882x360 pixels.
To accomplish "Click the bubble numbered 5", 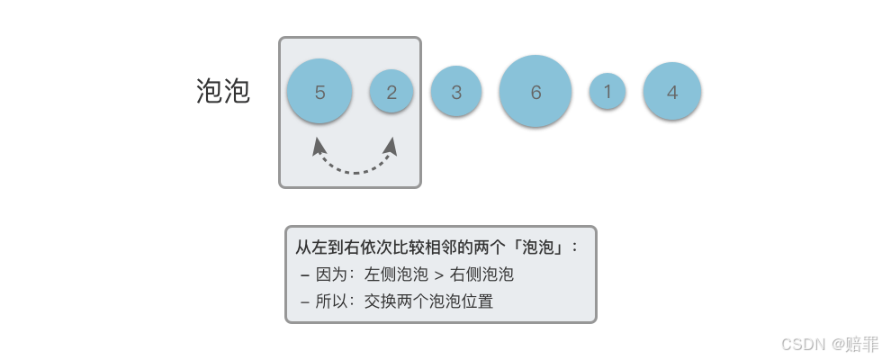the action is pos(319,91).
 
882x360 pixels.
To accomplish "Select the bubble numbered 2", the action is pos(391,91).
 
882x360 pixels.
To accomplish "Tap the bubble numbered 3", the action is pos(456,92).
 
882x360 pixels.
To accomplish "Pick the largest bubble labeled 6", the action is pos(535,91).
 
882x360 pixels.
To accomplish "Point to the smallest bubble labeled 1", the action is pos(607,91).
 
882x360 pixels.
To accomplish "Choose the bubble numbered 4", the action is pos(672,91).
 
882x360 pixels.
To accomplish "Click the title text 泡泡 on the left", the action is pos(222,91).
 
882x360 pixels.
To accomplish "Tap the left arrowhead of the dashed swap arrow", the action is pos(317,145).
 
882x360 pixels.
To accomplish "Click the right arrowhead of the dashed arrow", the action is pos(392,145).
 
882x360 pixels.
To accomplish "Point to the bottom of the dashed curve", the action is pos(355,171).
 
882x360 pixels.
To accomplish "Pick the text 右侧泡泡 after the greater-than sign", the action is pos(481,274).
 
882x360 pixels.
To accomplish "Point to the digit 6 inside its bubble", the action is pos(535,92).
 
